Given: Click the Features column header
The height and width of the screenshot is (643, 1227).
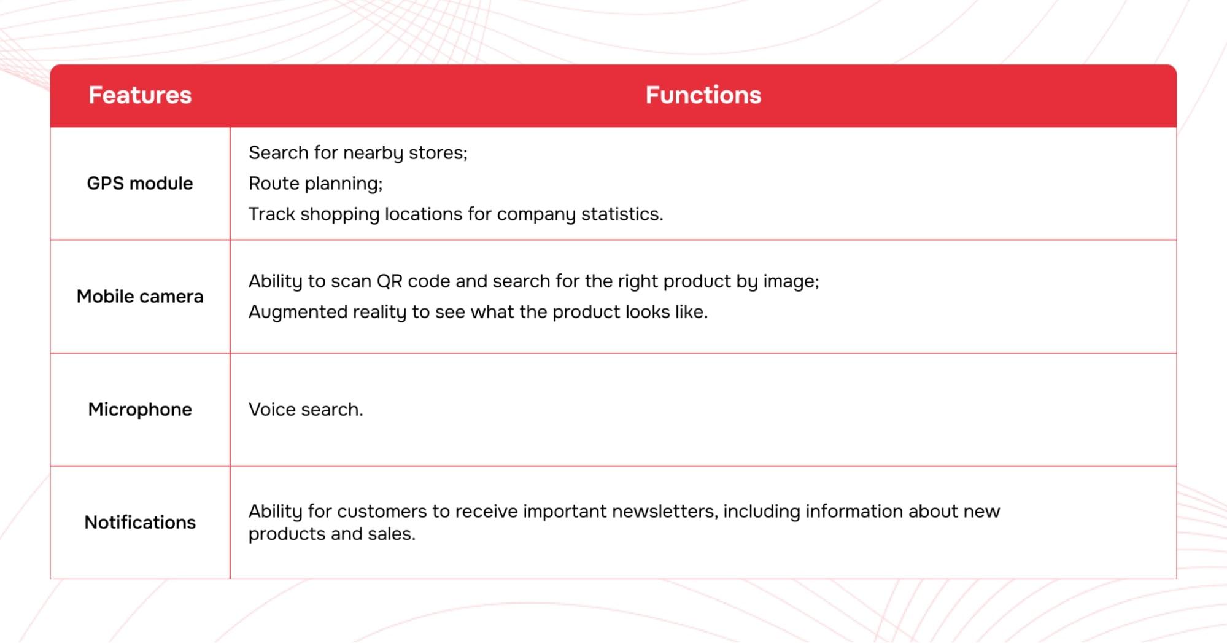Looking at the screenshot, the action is tap(140, 95).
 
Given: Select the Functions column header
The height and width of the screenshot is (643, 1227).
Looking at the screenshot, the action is tap(703, 95).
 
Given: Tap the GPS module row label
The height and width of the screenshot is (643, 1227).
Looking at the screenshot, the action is tap(140, 183).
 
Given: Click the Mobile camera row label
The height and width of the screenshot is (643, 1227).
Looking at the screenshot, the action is tap(140, 296).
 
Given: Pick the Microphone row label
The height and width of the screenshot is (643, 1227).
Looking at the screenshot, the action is tap(140, 409).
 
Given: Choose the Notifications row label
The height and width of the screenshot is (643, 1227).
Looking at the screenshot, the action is tap(140, 522).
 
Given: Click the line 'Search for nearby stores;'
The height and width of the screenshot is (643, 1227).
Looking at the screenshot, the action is tap(358, 153).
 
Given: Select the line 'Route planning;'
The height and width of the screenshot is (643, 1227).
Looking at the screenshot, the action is tap(315, 184).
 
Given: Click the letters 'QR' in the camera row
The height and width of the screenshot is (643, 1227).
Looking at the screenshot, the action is tap(389, 281).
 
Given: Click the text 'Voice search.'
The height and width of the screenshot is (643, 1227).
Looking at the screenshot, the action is tap(306, 409).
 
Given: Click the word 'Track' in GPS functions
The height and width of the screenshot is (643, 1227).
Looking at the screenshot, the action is tap(272, 214).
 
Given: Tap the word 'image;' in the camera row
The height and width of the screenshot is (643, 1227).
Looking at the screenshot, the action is tap(791, 281).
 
